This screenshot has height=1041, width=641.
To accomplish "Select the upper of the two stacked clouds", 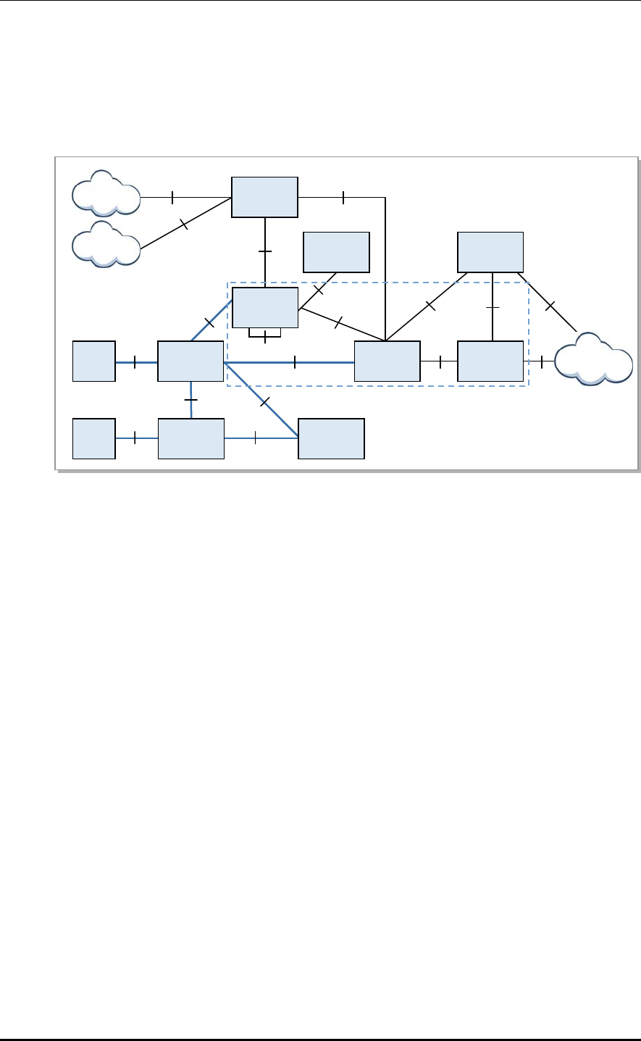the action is pyautogui.click(x=106, y=193).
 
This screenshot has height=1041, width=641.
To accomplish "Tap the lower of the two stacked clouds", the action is pyautogui.click(x=106, y=244).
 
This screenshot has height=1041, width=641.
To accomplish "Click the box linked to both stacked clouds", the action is pyautogui.click(x=264, y=196).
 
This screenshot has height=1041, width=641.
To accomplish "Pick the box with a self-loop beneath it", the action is pyautogui.click(x=264, y=308).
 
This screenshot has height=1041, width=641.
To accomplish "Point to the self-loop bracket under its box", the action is pyautogui.click(x=264, y=335).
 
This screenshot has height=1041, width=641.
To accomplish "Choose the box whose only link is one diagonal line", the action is pyautogui.click(x=336, y=252).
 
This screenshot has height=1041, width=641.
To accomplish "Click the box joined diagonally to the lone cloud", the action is pyautogui.click(x=490, y=252).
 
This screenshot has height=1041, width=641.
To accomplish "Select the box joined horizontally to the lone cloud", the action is pyautogui.click(x=490, y=360).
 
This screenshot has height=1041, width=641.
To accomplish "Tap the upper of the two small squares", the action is pyautogui.click(x=94, y=360).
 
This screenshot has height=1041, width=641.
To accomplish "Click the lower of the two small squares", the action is pyautogui.click(x=94, y=438).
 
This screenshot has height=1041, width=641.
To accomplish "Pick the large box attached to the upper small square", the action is pyautogui.click(x=190, y=360).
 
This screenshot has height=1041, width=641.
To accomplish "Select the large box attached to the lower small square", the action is pyautogui.click(x=190, y=438).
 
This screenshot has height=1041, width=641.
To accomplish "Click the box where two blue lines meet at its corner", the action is pyautogui.click(x=331, y=438).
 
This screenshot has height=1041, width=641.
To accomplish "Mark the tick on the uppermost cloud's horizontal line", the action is pyautogui.click(x=172, y=196).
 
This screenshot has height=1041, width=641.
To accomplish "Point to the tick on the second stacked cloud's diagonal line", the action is pyautogui.click(x=184, y=225).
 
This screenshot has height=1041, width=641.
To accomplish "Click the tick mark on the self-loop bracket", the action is pyautogui.click(x=265, y=337).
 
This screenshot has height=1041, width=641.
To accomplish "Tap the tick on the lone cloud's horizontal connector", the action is pyautogui.click(x=542, y=360).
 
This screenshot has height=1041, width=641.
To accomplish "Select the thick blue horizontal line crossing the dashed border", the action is pyautogui.click(x=290, y=361).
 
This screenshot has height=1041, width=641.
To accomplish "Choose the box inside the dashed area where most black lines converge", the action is pyautogui.click(x=387, y=360).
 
